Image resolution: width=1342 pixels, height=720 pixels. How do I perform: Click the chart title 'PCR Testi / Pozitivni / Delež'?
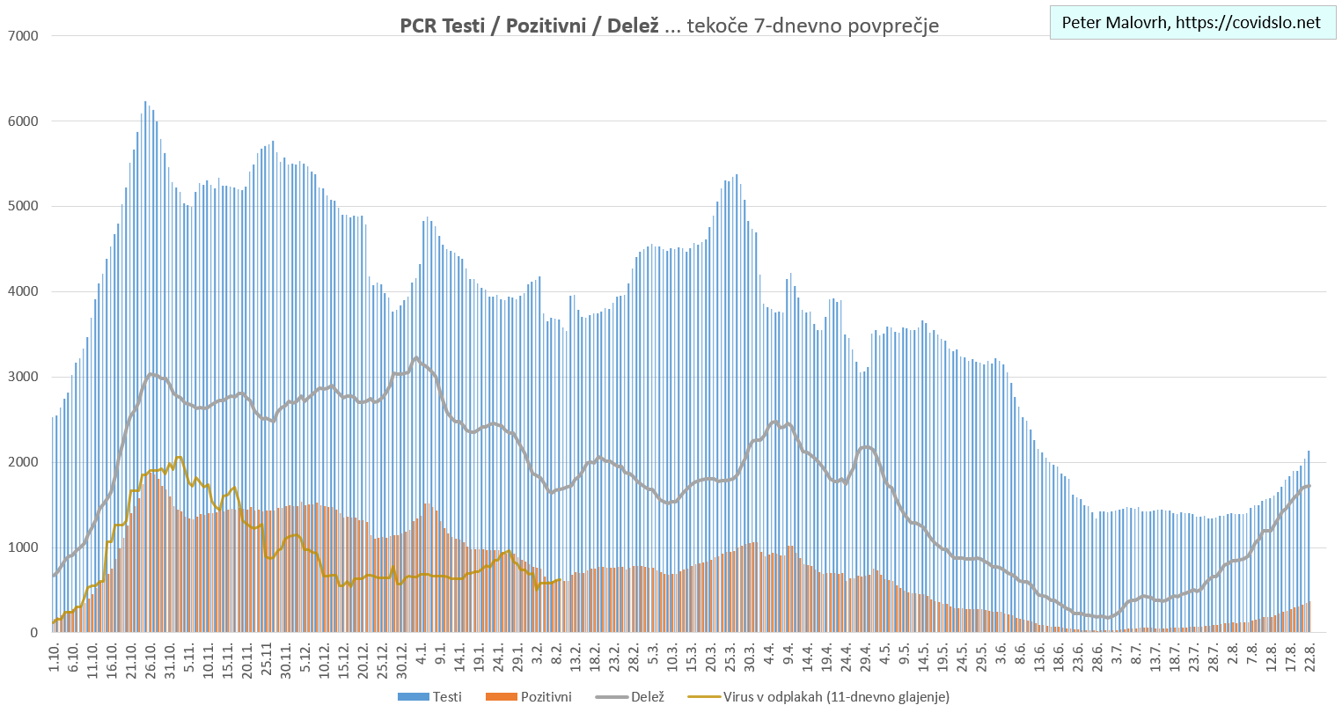(x=529, y=26)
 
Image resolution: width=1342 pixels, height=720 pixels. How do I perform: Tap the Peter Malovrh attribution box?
(x=1191, y=23)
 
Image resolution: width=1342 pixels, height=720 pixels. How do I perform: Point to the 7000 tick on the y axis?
(x=22, y=36)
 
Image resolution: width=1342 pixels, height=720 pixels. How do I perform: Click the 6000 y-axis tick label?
(x=22, y=121)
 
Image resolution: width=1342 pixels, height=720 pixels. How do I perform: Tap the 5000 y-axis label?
(x=22, y=207)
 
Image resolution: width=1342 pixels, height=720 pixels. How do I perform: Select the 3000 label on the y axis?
(x=22, y=378)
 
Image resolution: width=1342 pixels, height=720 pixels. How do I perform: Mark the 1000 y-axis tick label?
(x=22, y=548)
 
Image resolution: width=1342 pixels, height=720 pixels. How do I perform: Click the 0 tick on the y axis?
(x=33, y=633)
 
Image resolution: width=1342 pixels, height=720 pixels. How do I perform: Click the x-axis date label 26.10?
(x=150, y=659)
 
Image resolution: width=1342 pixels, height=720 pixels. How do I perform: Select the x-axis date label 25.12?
(x=382, y=659)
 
